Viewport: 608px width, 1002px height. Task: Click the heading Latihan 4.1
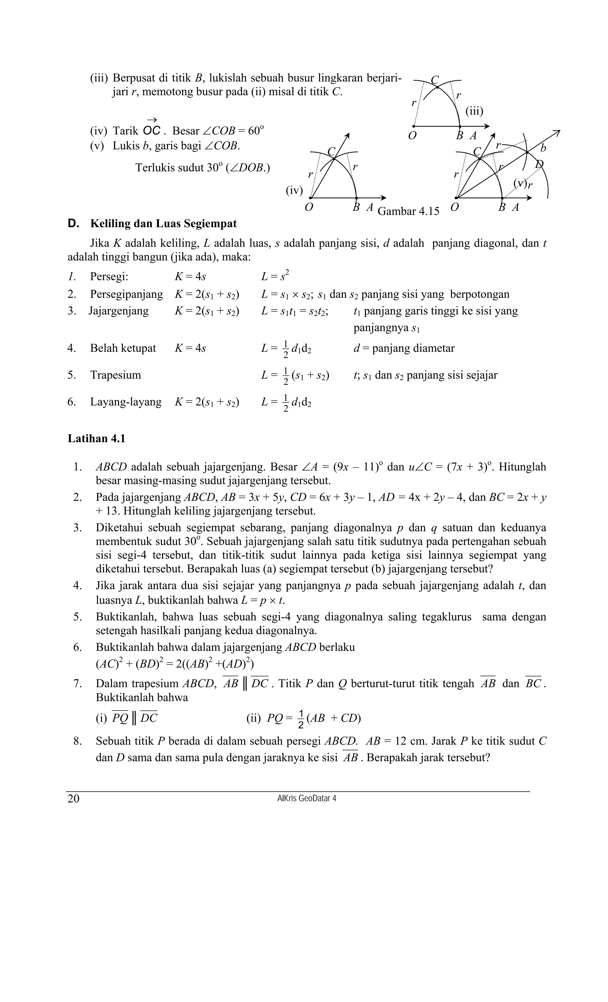click(96, 438)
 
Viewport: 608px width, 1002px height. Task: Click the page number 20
click(74, 799)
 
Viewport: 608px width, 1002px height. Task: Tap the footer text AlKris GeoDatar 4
click(306, 798)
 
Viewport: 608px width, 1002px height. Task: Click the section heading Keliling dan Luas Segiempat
click(163, 224)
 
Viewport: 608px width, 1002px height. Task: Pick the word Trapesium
click(115, 375)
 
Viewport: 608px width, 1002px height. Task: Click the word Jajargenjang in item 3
click(119, 311)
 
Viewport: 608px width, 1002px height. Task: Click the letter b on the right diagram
click(543, 149)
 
